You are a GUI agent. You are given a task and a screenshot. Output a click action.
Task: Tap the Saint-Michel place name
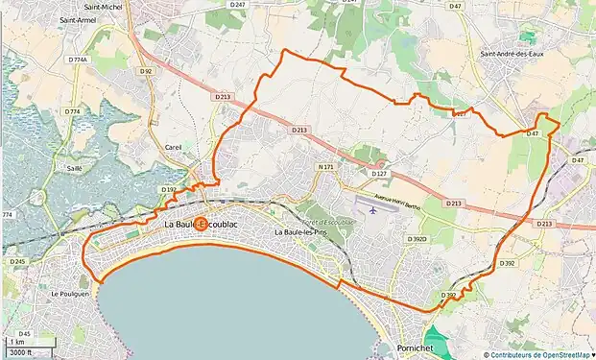click(79, 6)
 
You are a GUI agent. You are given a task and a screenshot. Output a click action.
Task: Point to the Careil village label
click(174, 147)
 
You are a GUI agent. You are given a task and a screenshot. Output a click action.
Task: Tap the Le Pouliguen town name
click(69, 294)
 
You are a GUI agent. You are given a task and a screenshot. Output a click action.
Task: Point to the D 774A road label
click(78, 60)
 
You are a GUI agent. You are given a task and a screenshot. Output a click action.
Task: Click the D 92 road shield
click(146, 70)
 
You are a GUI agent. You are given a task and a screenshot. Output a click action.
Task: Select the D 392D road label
click(416, 239)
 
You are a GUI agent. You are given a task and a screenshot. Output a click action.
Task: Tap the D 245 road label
click(17, 261)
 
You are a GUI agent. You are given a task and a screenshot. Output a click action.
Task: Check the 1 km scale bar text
click(16, 342)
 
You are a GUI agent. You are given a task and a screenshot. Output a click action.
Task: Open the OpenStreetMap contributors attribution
click(539, 353)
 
